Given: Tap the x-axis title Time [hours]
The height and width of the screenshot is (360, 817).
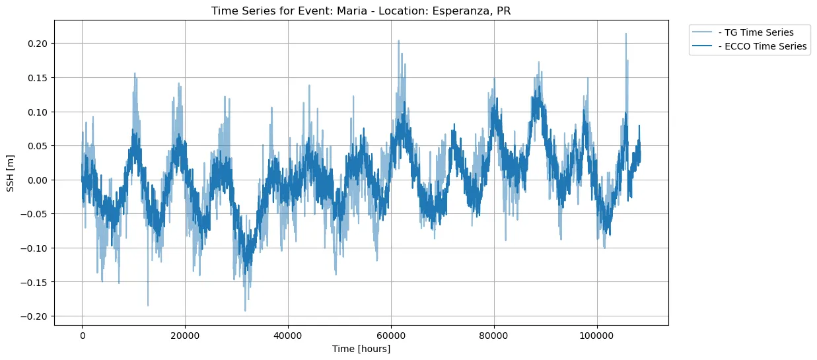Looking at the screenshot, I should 361,349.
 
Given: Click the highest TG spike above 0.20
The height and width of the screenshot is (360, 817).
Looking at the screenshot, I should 625,34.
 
